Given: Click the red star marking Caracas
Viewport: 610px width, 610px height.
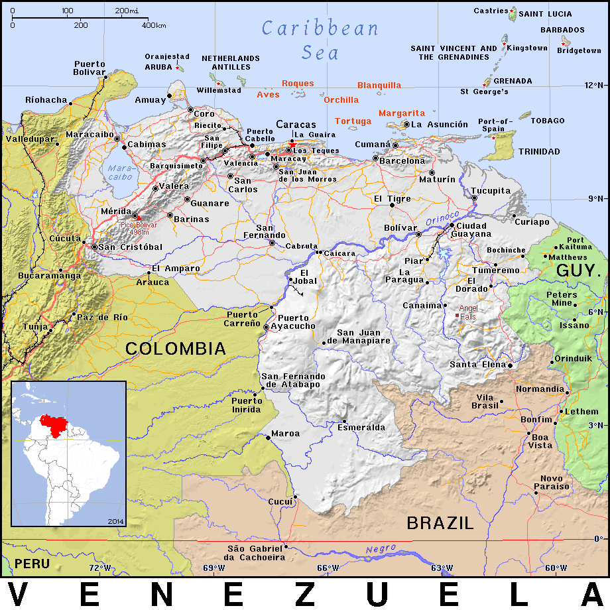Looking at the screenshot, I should tap(292, 143).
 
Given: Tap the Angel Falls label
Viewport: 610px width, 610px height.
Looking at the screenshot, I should tap(468, 312).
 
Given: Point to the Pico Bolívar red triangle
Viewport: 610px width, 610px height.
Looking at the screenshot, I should tap(138, 217).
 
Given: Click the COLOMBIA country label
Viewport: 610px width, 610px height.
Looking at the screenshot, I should tap(176, 348).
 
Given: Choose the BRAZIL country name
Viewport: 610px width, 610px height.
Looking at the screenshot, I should tap(440, 523).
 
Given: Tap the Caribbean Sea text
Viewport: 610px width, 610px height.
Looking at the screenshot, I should tap(320, 40).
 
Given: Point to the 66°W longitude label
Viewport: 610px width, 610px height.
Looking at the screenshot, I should tap(328, 568).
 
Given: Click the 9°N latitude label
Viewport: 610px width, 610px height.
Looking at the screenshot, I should tap(593, 198).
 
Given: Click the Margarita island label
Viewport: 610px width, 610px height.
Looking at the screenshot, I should tap(402, 113).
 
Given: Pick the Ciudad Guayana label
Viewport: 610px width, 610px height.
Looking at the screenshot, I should tap(471, 230).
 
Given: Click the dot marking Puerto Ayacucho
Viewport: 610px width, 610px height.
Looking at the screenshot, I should tap(267, 327).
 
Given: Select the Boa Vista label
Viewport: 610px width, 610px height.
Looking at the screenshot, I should tap(540, 441).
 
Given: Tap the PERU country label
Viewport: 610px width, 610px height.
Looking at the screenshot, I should tap(32, 564).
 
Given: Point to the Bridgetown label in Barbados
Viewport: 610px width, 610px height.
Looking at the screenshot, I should tap(579, 50).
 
